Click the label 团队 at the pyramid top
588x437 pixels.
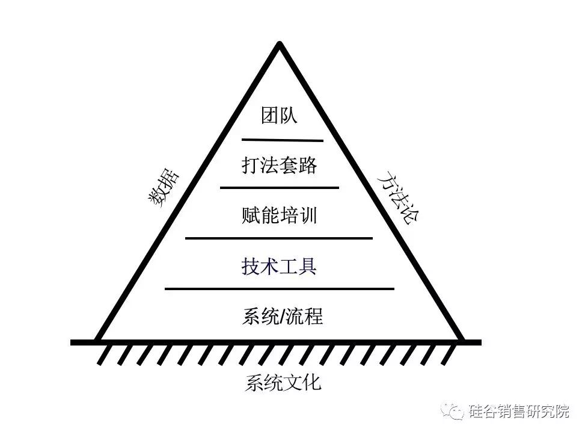coord(280,115)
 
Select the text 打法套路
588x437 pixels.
coord(280,165)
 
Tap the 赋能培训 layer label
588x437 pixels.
coord(280,215)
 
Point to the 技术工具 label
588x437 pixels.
coord(280,266)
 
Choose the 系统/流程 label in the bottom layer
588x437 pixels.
coord(283,316)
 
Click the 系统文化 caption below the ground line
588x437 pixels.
coord(283,383)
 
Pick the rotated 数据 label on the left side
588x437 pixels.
coord(164,188)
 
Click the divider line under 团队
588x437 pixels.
coord(283,140)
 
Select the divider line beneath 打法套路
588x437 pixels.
coord(280,187)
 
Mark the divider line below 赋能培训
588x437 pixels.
coord(279,238)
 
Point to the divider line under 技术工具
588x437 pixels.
coord(280,289)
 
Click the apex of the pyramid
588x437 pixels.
coord(280,43)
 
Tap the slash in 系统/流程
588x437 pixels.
coord(283,317)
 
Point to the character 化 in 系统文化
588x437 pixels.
coord(312,383)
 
